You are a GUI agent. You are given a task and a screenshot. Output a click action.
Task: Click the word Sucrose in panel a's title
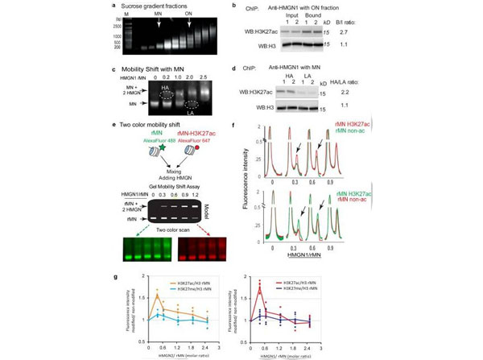tap(138, 7)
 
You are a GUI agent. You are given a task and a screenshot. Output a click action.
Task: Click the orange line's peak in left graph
tap(157, 296)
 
